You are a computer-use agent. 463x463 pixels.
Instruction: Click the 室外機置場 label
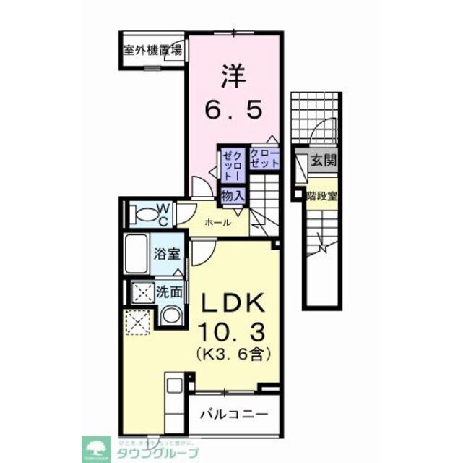[152, 51]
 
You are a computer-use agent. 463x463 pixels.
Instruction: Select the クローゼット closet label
[264, 158]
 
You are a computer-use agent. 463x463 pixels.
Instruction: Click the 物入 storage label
[232, 195]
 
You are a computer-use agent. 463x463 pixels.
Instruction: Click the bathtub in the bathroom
[137, 254]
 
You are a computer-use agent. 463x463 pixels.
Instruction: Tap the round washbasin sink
[171, 315]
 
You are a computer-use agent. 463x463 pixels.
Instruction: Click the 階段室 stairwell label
[322, 196]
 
